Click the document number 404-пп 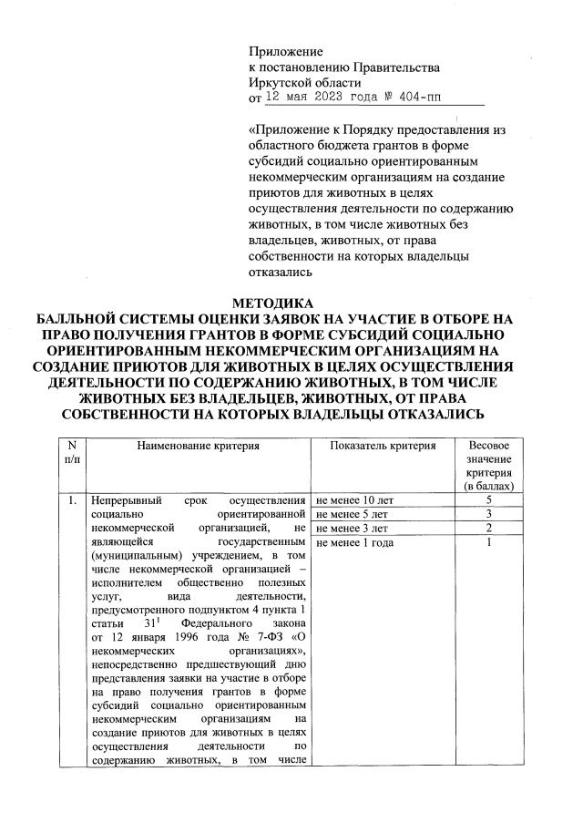417,97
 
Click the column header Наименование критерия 199,446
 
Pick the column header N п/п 72,453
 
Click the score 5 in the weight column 489,500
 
